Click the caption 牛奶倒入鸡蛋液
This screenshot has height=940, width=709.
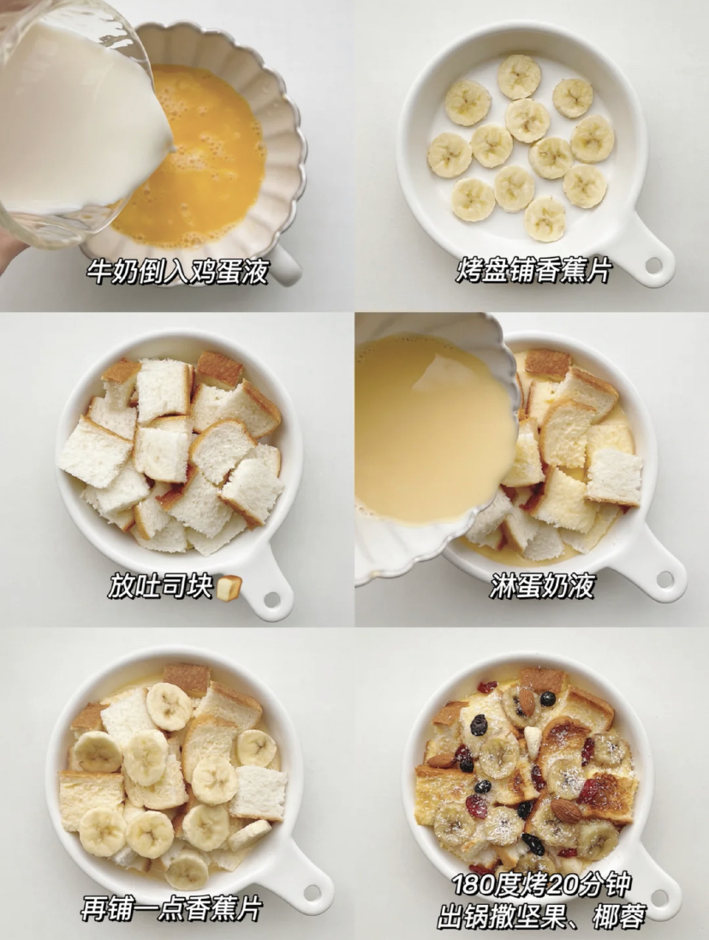click(177, 272)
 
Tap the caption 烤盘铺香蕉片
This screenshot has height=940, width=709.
click(533, 272)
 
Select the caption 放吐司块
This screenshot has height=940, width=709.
click(160, 586)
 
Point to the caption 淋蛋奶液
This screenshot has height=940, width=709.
click(542, 586)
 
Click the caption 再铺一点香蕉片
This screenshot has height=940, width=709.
click(171, 908)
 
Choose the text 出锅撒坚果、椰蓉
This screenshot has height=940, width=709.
click(542, 918)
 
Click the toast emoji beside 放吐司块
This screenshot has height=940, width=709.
click(229, 588)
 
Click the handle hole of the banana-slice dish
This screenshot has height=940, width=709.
click(653, 266)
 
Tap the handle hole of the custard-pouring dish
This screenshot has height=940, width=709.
click(665, 579)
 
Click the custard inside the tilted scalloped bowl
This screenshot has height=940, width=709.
click(428, 428)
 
